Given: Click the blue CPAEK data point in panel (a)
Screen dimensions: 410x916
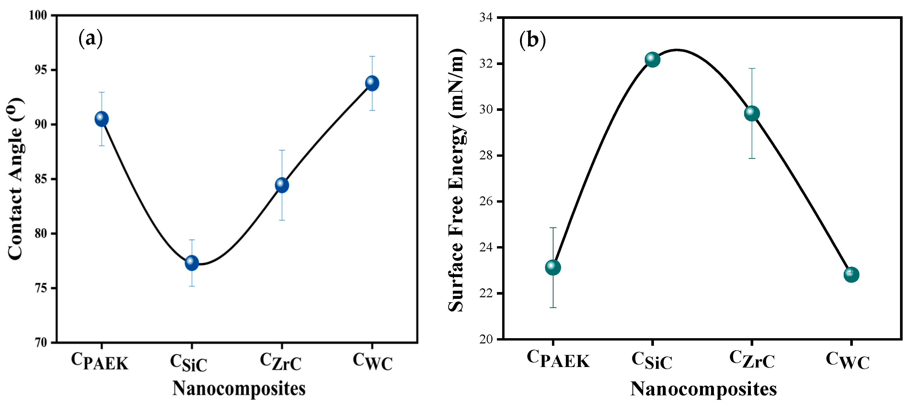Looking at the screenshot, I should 102,119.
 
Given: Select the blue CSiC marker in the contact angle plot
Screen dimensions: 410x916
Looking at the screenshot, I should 192,263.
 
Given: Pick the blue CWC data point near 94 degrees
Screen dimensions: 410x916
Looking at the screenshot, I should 372,83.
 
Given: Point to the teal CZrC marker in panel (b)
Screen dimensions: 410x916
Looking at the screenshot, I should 752,114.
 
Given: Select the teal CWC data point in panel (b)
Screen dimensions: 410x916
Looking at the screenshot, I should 851,274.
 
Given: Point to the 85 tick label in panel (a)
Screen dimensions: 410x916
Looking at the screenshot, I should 41,179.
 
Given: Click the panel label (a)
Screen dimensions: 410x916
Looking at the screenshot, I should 90,38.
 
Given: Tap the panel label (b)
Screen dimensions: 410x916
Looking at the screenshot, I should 532,40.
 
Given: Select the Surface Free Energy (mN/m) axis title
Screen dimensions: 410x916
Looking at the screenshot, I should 457,180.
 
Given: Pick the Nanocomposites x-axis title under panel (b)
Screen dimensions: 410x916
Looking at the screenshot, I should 703,389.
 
